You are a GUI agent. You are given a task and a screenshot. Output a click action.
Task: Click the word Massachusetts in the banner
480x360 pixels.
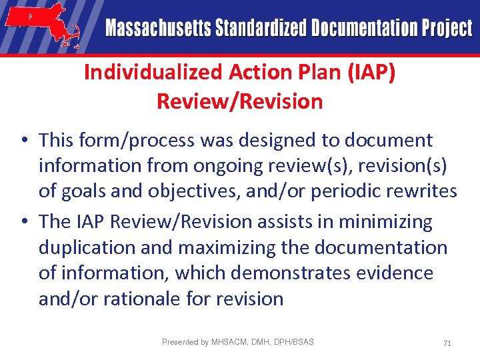157,29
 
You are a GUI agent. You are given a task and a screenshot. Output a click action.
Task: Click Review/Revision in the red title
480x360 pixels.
239,101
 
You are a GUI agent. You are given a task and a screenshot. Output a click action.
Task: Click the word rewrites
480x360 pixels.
419,191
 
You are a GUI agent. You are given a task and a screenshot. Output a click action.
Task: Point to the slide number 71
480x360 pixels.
447,343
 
